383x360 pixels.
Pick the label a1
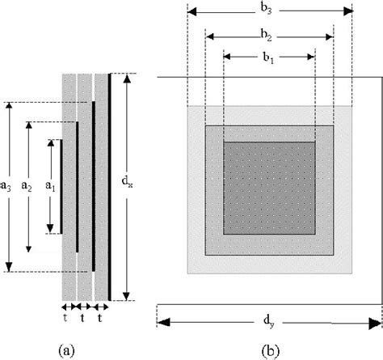point(48,186)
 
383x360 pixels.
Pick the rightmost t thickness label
point(99,318)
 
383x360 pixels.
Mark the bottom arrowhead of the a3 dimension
point(9,266)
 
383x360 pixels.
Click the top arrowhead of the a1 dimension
point(49,143)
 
